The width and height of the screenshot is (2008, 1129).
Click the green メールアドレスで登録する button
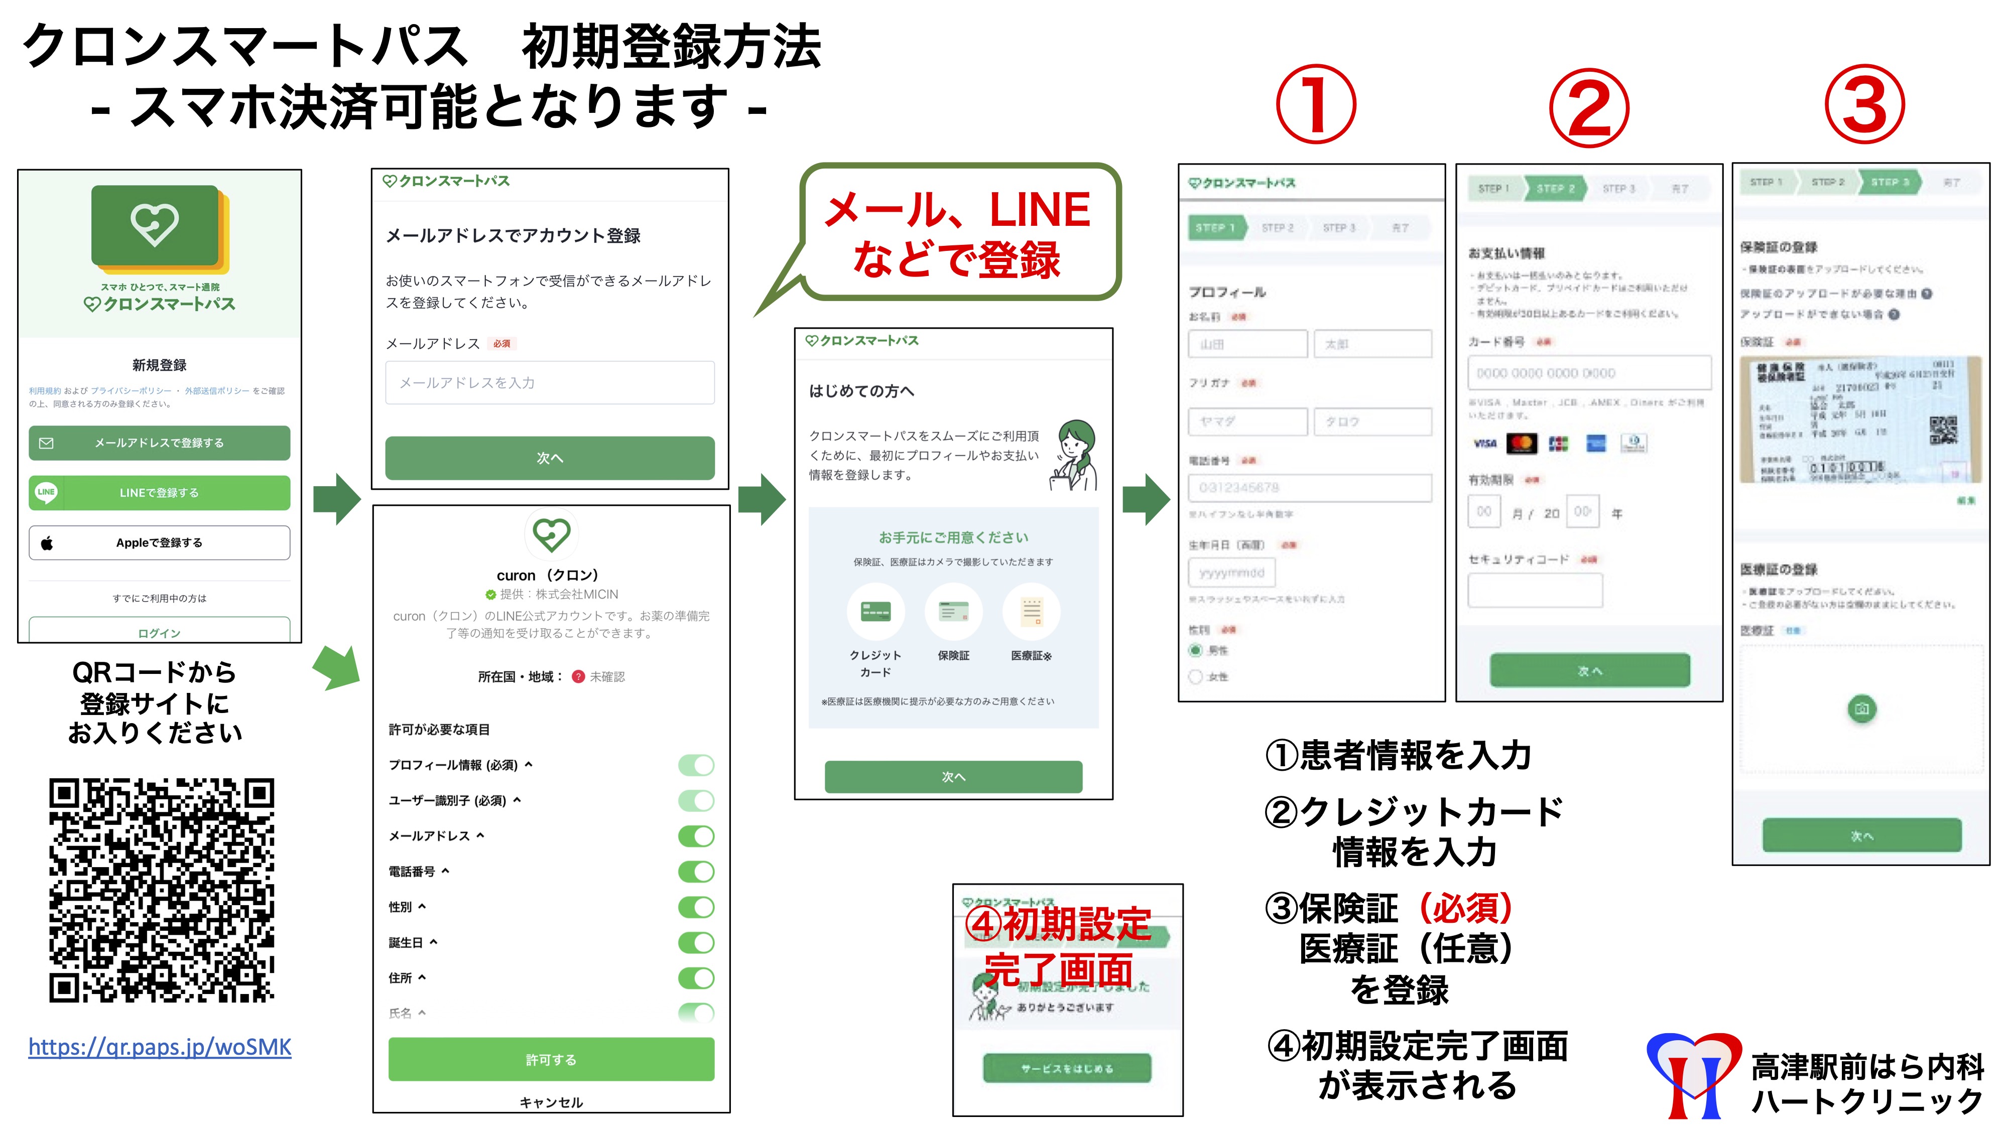coord(159,443)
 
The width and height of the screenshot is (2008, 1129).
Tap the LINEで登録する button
coord(159,492)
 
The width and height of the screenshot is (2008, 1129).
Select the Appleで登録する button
coord(159,542)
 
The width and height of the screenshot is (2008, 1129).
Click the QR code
coord(161,890)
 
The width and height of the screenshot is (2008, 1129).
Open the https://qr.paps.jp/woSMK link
coord(160,1046)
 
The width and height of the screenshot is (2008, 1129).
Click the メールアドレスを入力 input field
coord(550,382)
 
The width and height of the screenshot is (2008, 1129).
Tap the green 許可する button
coord(551,1059)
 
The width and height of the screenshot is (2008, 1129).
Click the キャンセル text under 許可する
coord(551,1102)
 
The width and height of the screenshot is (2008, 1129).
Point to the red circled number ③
coord(1864,106)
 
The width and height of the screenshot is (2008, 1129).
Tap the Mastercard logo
coord(1522,444)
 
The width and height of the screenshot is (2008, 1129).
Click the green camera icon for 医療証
coord(1861,708)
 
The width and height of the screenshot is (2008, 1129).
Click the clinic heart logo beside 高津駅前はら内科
coord(1693,1074)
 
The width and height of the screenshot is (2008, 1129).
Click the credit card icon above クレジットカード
coord(875,612)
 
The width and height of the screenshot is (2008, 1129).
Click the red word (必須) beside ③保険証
coord(1465,908)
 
